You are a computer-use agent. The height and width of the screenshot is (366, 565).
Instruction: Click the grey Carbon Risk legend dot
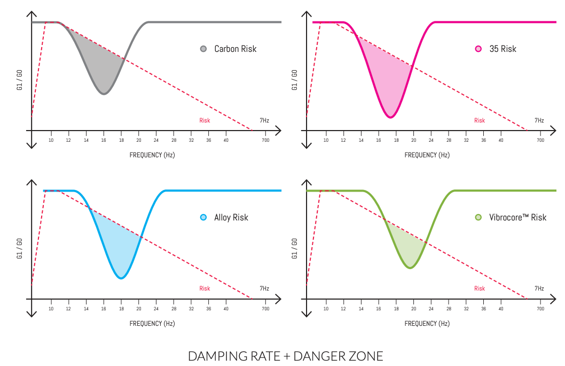[x=203, y=49]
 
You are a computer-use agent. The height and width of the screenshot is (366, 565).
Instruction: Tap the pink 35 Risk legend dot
[x=478, y=49]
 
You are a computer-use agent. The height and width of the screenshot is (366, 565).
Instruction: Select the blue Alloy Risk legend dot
[x=203, y=217]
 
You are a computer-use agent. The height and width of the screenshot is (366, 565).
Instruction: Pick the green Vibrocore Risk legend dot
[x=478, y=217]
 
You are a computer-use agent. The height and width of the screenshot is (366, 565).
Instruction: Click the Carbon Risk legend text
[x=235, y=49]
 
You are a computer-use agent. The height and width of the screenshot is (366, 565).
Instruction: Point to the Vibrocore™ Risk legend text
[x=517, y=217]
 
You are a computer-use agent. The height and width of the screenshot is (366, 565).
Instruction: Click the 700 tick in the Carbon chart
[x=265, y=140]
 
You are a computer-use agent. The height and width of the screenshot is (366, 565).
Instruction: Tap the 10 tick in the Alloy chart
[x=51, y=309]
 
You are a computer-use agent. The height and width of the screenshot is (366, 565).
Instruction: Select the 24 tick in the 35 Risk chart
[x=431, y=140]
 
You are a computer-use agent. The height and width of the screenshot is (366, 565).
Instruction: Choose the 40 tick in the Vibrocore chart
[x=500, y=309]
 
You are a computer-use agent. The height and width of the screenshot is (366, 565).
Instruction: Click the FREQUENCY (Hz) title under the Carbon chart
[x=152, y=155]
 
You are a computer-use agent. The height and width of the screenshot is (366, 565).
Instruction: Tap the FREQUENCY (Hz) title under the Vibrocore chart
[x=427, y=323]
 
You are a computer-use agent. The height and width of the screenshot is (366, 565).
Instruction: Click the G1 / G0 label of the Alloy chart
[x=20, y=248]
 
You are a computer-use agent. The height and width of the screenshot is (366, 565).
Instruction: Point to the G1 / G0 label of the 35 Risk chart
[x=295, y=80]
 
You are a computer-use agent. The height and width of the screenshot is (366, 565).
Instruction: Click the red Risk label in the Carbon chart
[x=205, y=120]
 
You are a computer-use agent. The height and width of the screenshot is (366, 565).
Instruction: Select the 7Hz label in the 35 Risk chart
[x=539, y=120]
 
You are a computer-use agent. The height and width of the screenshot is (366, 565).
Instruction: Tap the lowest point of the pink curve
[x=390, y=117]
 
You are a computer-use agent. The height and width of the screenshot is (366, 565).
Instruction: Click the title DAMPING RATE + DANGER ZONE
[x=285, y=356]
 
